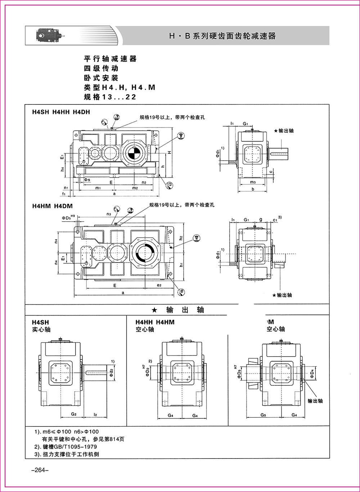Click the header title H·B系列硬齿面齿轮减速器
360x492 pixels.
pos(222,36)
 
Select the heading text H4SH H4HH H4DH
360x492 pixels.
pos(61,112)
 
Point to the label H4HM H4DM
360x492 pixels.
pos(52,206)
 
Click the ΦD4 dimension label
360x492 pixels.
pos(313,372)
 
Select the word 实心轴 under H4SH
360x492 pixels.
pos(41,330)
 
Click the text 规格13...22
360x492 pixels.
pos(110,97)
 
